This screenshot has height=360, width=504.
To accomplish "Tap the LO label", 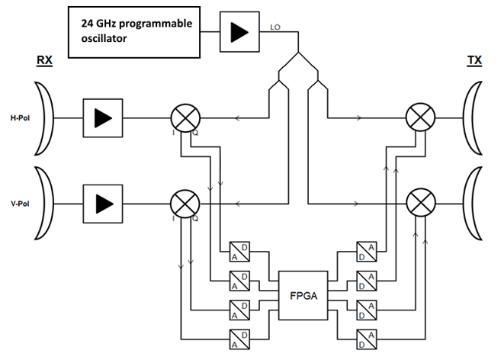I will pyautogui.click(x=277, y=29).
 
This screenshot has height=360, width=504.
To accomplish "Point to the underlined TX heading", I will pyautogui.click(x=474, y=60).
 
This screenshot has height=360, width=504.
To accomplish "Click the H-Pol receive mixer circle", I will pyautogui.click(x=183, y=118).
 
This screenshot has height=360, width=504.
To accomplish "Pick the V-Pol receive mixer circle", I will pyautogui.click(x=183, y=204).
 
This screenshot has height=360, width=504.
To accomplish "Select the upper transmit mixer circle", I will pyautogui.click(x=420, y=118).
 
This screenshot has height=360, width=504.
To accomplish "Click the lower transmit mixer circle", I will pyautogui.click(x=420, y=204).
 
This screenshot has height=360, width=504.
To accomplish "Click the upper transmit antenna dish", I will pyautogui.click(x=470, y=118).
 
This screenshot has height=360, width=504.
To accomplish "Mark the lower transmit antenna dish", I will pyautogui.click(x=470, y=204).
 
